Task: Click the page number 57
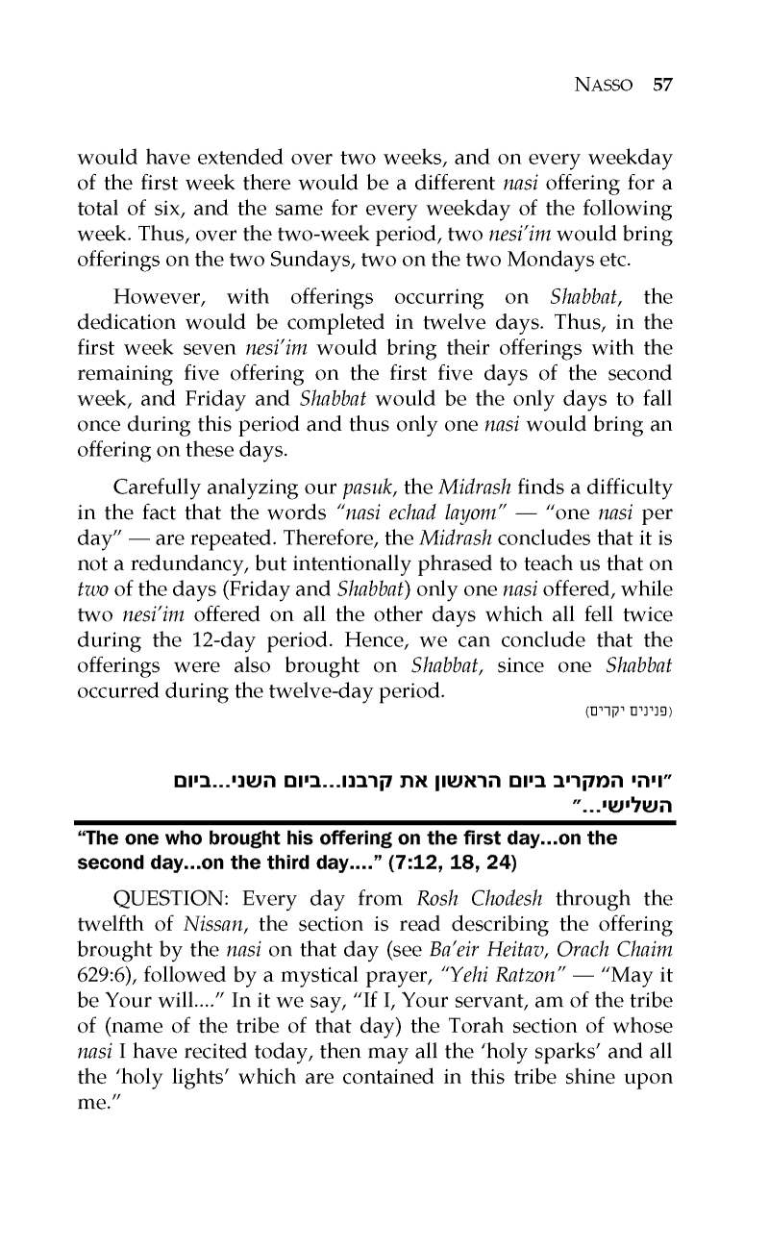(661, 85)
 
